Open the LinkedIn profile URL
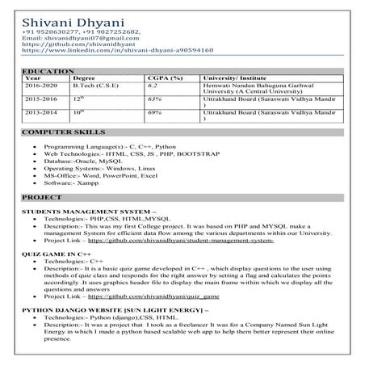117,50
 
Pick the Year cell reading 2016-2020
41,85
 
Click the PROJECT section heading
42,197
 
